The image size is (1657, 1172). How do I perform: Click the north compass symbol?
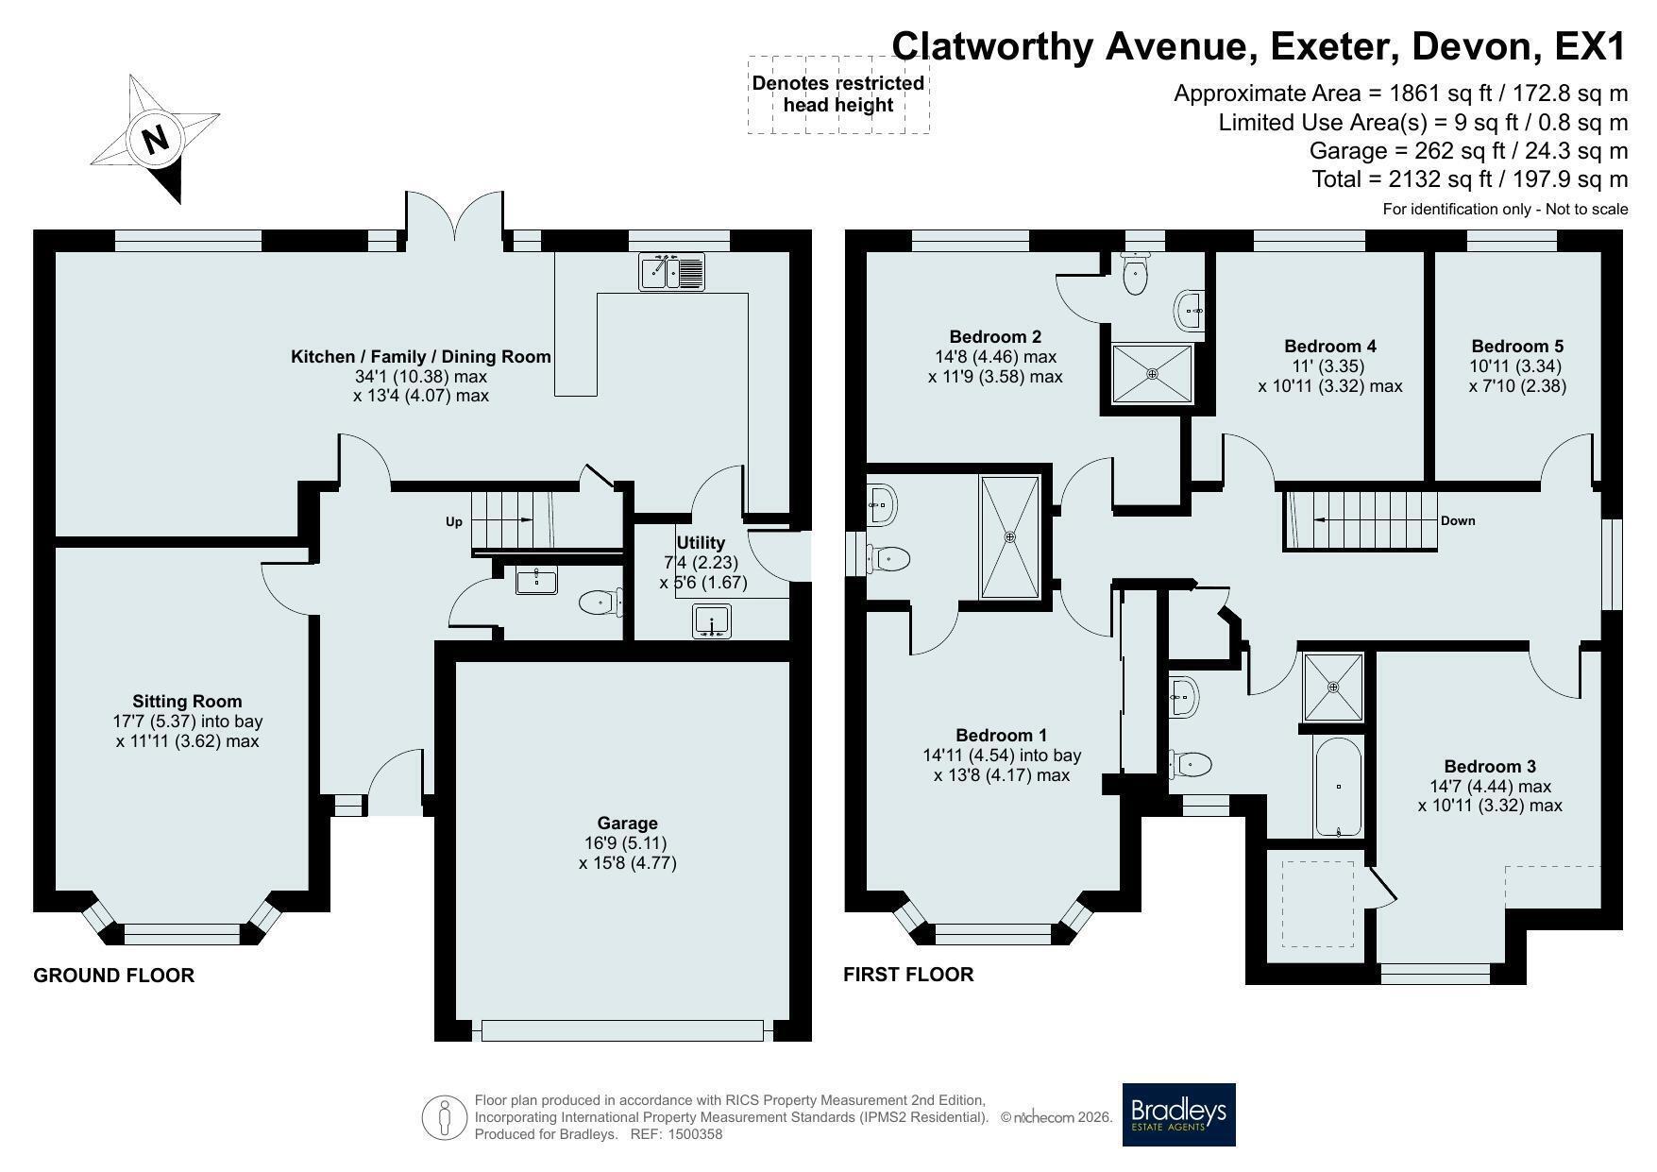pos(155,138)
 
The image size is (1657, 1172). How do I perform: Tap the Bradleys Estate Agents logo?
pos(1178,1114)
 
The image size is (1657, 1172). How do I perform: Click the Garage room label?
pos(627,824)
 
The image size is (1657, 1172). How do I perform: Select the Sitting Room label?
pos(187,701)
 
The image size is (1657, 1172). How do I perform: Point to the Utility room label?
pos(701,542)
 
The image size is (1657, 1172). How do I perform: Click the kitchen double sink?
pos(671,271)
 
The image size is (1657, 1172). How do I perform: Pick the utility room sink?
pos(712,622)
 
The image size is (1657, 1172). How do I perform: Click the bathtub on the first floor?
pos(1338,787)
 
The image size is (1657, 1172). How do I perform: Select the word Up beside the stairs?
pos(454,521)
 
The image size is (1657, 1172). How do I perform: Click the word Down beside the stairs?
pos(1458,520)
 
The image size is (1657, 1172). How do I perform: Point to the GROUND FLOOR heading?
pos(114,976)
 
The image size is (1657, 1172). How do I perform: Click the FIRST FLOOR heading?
pos(908,975)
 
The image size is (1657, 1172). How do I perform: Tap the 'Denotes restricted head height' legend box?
pos(838,93)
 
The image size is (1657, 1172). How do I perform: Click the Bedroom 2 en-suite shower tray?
pos(1152,374)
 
